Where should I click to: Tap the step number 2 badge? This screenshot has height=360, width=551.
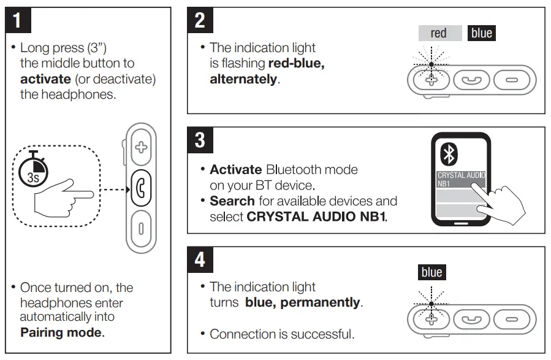click(200, 21)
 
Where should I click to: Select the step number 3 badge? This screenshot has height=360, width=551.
click(200, 140)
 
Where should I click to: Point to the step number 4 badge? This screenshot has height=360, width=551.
click(200, 259)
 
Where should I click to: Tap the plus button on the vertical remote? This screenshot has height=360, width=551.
click(142, 147)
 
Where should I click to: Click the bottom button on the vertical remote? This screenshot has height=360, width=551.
click(142, 228)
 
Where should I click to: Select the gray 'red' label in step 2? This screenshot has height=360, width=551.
click(439, 33)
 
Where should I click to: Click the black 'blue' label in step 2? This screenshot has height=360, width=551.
click(481, 33)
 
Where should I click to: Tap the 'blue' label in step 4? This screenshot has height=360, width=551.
click(431, 272)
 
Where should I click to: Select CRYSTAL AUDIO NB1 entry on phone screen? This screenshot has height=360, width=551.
click(461, 178)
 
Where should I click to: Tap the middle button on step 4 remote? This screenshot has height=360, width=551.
click(472, 319)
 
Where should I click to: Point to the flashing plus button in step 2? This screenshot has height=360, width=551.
click(431, 80)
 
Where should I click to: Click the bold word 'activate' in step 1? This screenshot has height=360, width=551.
click(45, 79)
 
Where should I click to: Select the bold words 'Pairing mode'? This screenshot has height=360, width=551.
click(62, 333)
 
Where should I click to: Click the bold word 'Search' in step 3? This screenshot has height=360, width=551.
click(232, 201)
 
